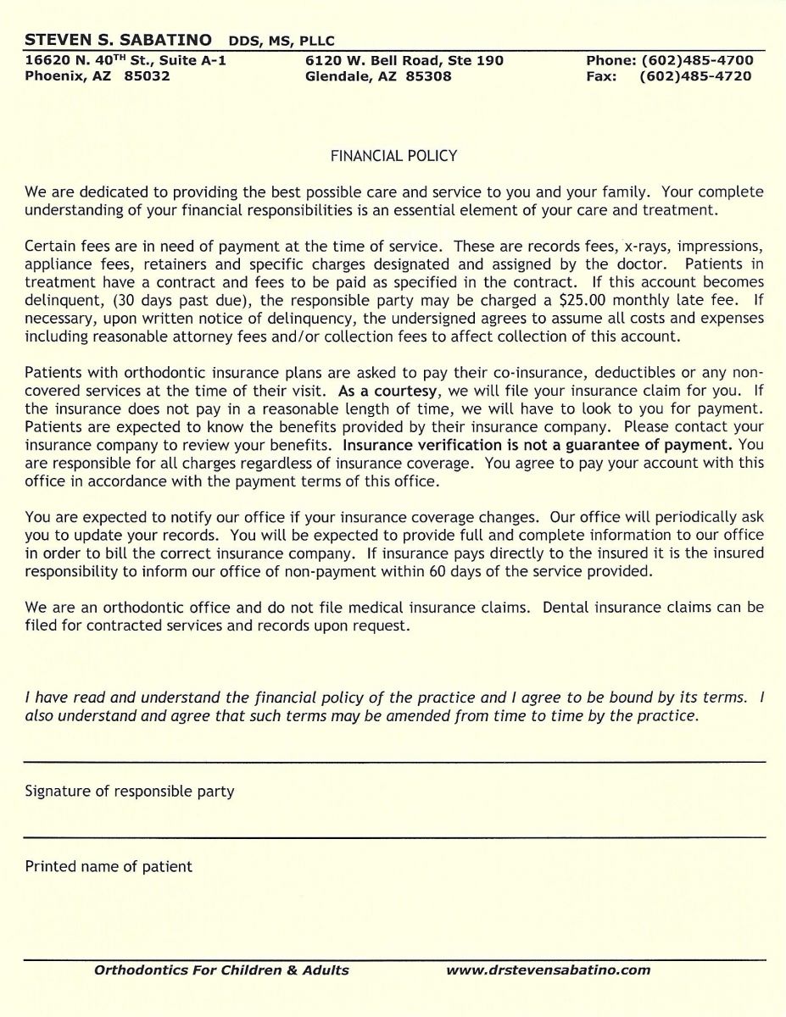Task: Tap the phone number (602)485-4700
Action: tap(697, 61)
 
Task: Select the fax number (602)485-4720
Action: tap(695, 76)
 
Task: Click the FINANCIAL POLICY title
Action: tap(393, 156)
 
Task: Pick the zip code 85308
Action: tap(428, 76)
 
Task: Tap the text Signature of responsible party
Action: tap(130, 792)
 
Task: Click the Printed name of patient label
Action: tap(109, 867)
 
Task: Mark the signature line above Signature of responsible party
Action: tap(394, 763)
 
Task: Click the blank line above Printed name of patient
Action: tap(394, 837)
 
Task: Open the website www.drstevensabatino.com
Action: tap(548, 970)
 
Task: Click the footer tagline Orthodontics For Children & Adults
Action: tap(221, 970)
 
